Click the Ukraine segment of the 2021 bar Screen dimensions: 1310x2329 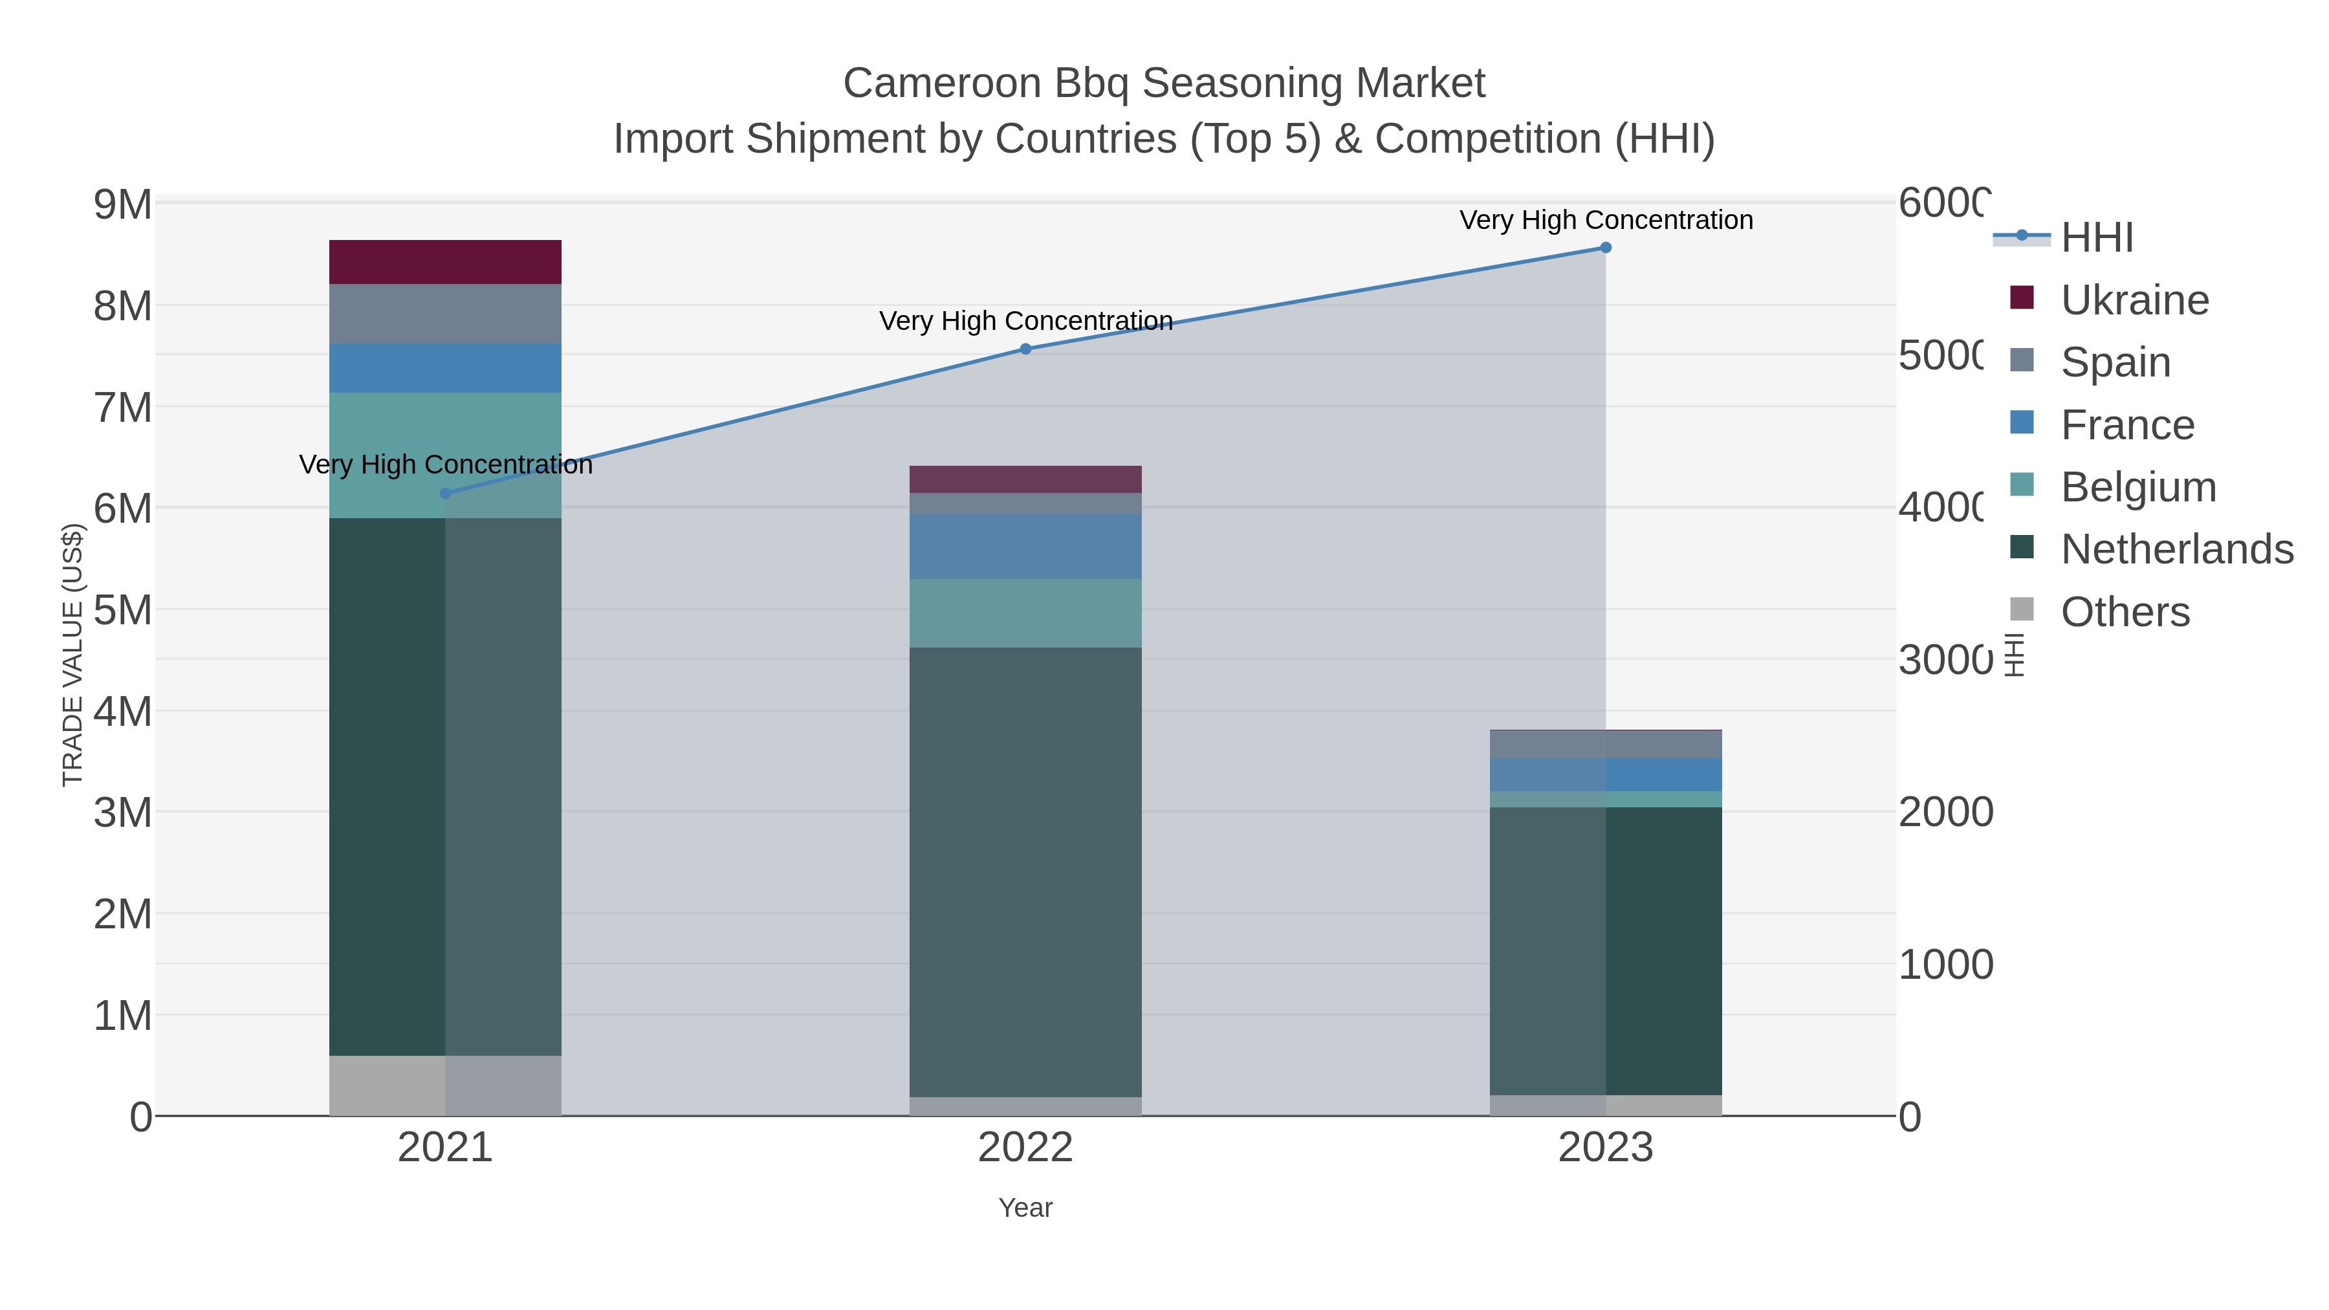click(x=445, y=262)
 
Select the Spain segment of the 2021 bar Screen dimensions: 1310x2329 click(x=445, y=314)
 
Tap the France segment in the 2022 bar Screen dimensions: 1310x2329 click(x=1025, y=546)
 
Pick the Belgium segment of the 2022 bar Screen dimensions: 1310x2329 click(x=1025, y=613)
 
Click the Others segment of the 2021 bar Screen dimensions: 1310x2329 click(x=445, y=1085)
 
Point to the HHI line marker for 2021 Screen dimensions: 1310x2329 click(x=445, y=494)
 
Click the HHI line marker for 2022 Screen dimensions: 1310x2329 click(x=1025, y=349)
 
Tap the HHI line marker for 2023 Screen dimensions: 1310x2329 click(x=1606, y=248)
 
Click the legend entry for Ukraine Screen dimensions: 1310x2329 click(x=2134, y=300)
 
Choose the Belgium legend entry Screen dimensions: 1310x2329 click(x=2138, y=487)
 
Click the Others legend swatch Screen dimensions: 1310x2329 click(x=2022, y=610)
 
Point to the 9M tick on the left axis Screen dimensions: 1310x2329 click(x=123, y=205)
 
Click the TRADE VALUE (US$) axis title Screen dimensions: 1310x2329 click(x=72, y=655)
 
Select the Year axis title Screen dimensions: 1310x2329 click(x=1025, y=1208)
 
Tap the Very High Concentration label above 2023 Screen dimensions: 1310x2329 click(x=1606, y=220)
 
